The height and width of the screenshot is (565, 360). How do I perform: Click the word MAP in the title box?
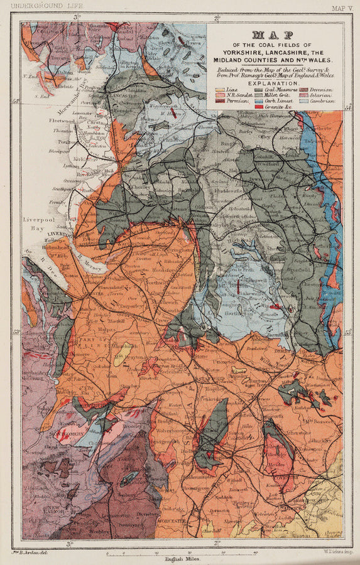[275, 36]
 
